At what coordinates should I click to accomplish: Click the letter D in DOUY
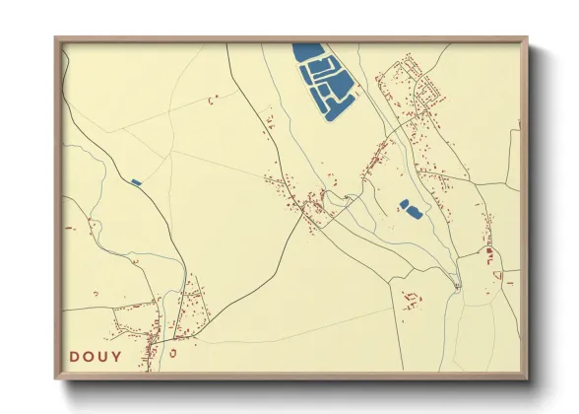click(x=75, y=356)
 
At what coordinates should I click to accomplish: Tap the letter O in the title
click(x=90, y=356)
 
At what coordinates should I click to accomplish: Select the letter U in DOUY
click(x=104, y=356)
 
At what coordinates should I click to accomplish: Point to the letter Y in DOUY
click(x=118, y=356)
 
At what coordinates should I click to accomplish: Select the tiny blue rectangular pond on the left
click(x=135, y=181)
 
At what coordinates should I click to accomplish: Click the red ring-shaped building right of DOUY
click(x=172, y=352)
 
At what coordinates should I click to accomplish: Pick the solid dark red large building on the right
click(x=488, y=252)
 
